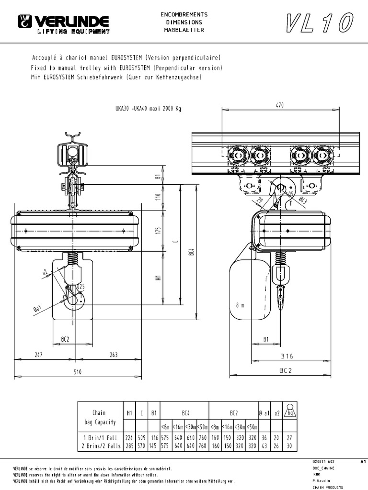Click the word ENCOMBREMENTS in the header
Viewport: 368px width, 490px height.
pyautogui.click(x=184, y=15)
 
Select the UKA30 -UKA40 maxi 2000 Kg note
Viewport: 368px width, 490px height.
pyautogui.click(x=148, y=109)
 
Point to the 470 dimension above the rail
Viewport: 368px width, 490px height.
pyautogui.click(x=280, y=105)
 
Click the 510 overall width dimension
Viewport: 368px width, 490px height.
pyautogui.click(x=77, y=371)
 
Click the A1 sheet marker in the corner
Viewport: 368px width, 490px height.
pyautogui.click(x=362, y=462)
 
